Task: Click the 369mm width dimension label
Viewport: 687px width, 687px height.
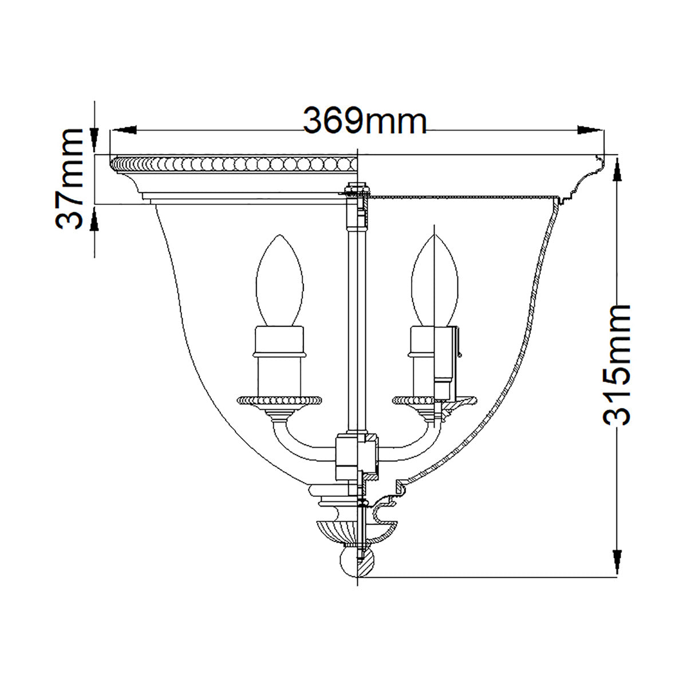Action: click(365, 121)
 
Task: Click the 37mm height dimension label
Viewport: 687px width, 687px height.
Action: click(73, 178)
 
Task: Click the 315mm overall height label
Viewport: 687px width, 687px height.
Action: click(618, 365)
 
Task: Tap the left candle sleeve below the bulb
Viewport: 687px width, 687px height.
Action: click(279, 361)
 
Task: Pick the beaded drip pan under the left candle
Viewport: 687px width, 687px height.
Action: click(279, 399)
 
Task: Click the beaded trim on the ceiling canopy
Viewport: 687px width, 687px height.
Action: click(235, 164)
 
